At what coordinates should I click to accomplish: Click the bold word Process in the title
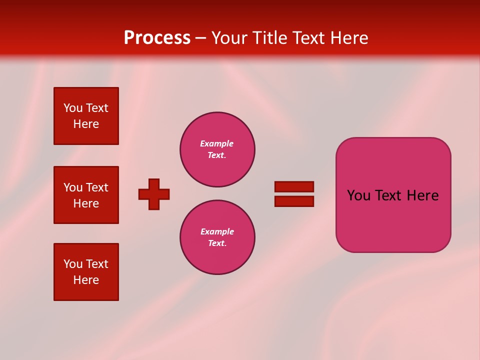coord(157,38)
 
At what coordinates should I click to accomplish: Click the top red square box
coord(86,116)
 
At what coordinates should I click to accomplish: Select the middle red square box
coord(86,195)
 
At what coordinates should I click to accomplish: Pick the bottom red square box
coord(86,272)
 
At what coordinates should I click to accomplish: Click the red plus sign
coord(154,194)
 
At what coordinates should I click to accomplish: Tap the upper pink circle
coord(217,149)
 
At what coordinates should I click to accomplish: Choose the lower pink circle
coord(217,237)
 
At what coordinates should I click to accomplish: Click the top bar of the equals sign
coord(294,186)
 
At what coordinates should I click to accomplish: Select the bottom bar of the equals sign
coord(294,201)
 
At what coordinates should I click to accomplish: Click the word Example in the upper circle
coord(216,143)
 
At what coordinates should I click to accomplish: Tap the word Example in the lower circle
coord(217,231)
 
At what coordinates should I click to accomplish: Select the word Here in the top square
coord(86,124)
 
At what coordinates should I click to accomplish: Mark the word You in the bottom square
coord(73,264)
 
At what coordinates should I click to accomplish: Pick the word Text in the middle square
coord(97,187)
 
